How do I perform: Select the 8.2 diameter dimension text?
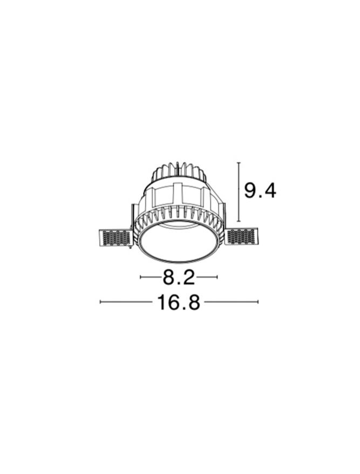179,277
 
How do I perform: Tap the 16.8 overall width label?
179,303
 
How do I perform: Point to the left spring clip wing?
115,238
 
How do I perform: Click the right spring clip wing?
243,237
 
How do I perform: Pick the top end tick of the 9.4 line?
239,163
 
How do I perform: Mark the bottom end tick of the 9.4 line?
239,221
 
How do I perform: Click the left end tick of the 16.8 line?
100,301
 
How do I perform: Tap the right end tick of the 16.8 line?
258,301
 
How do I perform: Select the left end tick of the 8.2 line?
140,277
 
